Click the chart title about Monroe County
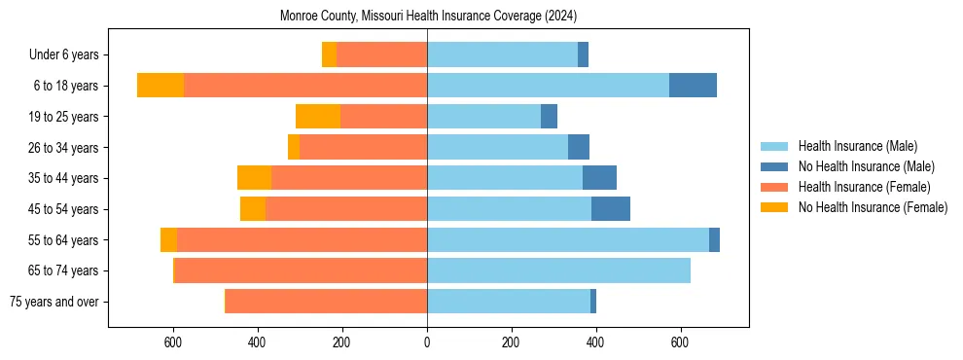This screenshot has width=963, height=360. pyautogui.click(x=428, y=17)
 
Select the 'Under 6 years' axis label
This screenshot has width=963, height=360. pyautogui.click(x=69, y=55)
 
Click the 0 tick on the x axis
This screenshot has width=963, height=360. pyautogui.click(x=427, y=342)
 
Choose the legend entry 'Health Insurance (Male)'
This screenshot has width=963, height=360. pyautogui.click(x=857, y=146)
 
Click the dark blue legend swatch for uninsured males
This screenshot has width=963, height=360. pyautogui.click(x=774, y=166)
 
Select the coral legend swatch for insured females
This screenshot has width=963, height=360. pyautogui.click(x=774, y=187)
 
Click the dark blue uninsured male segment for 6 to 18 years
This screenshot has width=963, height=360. pyautogui.click(x=693, y=86)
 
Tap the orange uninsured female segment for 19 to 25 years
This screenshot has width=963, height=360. pyautogui.click(x=318, y=117)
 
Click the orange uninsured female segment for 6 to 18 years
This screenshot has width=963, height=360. pyautogui.click(x=160, y=86)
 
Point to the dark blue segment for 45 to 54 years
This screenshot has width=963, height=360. pyautogui.click(x=611, y=209)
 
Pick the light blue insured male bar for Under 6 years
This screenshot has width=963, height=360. pyautogui.click(x=502, y=55)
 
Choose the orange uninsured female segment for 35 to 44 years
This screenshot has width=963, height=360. pyautogui.click(x=254, y=178)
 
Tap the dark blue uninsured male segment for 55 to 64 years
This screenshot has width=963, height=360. pyautogui.click(x=714, y=240)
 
